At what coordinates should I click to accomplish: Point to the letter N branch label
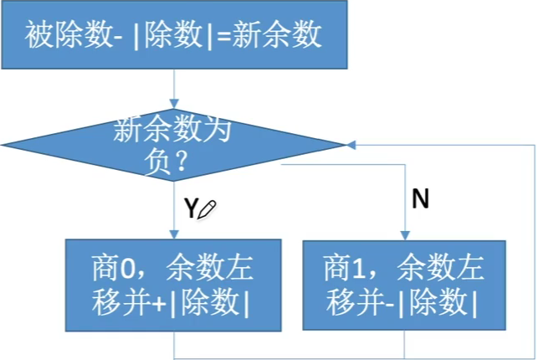tap(421, 199)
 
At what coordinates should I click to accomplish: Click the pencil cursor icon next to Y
tap(206, 210)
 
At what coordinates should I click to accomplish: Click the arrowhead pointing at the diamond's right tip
tap(350, 146)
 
